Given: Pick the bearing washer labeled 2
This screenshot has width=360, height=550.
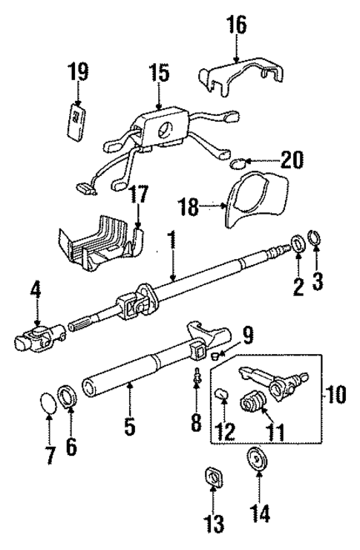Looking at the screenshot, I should pyautogui.click(x=298, y=243).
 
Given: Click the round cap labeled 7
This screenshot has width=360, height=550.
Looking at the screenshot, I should pyautogui.click(x=48, y=407).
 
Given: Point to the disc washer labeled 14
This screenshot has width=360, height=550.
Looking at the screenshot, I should pyautogui.click(x=258, y=462).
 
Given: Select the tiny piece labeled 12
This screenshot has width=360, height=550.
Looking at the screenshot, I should pyautogui.click(x=223, y=393).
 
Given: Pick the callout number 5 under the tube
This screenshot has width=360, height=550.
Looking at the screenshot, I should pyautogui.click(x=129, y=427).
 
